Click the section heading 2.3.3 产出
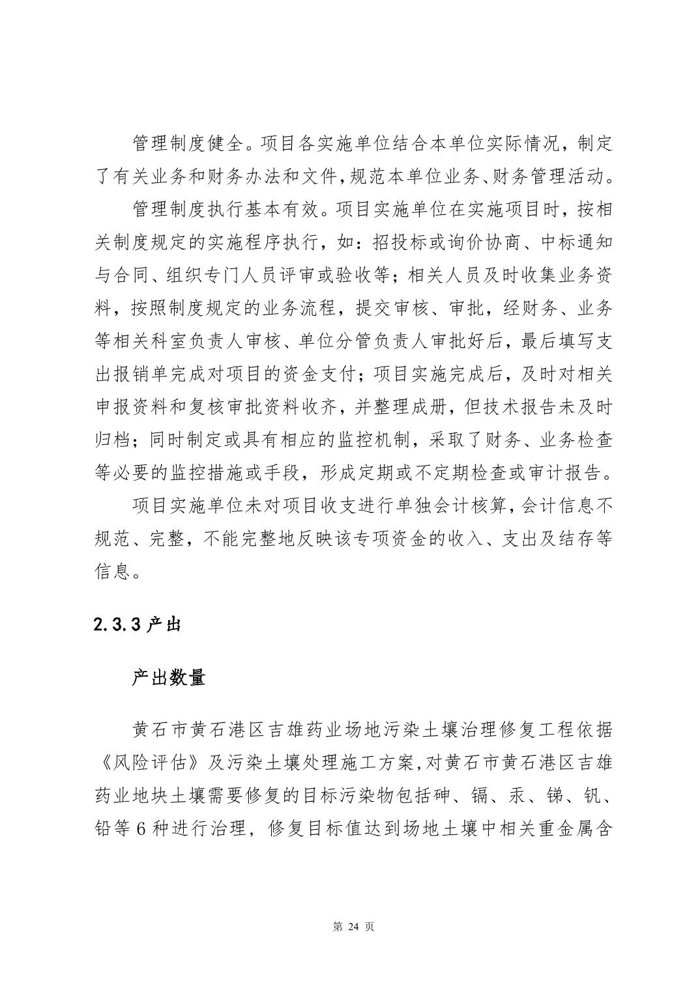tap(136, 625)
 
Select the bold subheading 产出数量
tap(169, 677)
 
